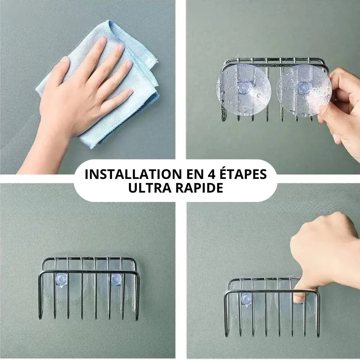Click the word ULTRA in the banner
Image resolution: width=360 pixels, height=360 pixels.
coord(150,188)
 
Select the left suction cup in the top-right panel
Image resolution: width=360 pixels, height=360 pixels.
coord(244,90)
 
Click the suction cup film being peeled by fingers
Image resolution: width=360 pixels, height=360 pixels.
coord(303,91)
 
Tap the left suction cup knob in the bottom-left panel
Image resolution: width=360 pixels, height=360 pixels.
coord(61,279)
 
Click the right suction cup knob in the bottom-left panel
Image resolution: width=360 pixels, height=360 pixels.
coord(116,280)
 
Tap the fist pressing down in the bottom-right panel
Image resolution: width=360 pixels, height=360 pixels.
coord(324,250)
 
